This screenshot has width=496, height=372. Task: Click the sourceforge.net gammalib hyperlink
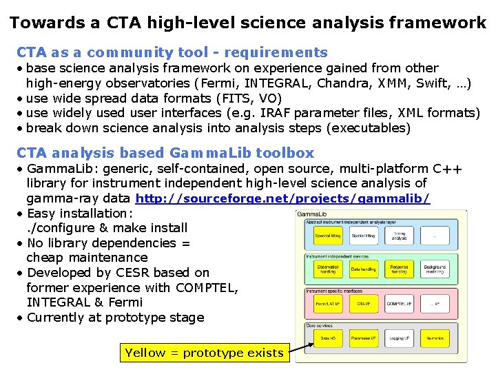(x=283, y=198)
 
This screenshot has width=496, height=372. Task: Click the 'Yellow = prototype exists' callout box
(x=204, y=353)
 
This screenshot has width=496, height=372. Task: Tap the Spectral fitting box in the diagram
(x=328, y=236)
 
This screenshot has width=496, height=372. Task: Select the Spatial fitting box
(x=363, y=236)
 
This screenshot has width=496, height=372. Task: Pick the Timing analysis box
(x=399, y=236)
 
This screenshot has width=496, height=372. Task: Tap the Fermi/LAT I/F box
(x=328, y=304)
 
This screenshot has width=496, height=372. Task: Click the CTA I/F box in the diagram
(x=363, y=304)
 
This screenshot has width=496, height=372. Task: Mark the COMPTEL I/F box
(x=399, y=304)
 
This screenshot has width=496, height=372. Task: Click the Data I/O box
(x=328, y=338)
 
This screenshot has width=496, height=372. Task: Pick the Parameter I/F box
(x=363, y=338)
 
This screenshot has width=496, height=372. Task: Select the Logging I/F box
(x=399, y=338)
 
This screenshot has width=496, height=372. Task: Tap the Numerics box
(x=435, y=338)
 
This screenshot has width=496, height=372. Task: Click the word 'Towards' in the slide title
(x=47, y=23)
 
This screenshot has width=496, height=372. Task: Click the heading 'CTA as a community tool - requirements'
(x=172, y=52)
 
